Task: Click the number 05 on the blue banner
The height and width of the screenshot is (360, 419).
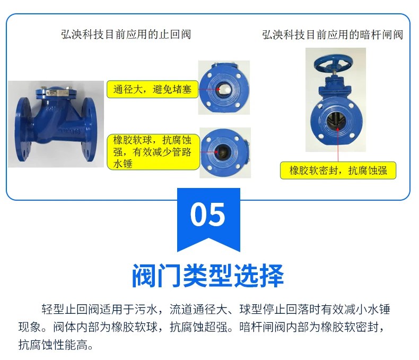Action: point(208,215)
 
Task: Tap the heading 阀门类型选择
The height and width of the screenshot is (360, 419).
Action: point(208,276)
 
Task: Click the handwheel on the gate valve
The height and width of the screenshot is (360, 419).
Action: point(334,63)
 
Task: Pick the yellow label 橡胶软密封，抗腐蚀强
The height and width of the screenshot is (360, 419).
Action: point(338,170)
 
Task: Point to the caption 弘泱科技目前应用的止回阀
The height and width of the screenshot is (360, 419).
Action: point(126,35)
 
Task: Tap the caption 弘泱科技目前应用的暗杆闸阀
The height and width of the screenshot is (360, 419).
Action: point(333,35)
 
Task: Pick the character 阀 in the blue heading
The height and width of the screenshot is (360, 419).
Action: point(144,276)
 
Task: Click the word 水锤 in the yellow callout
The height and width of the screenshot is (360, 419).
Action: point(121,164)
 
